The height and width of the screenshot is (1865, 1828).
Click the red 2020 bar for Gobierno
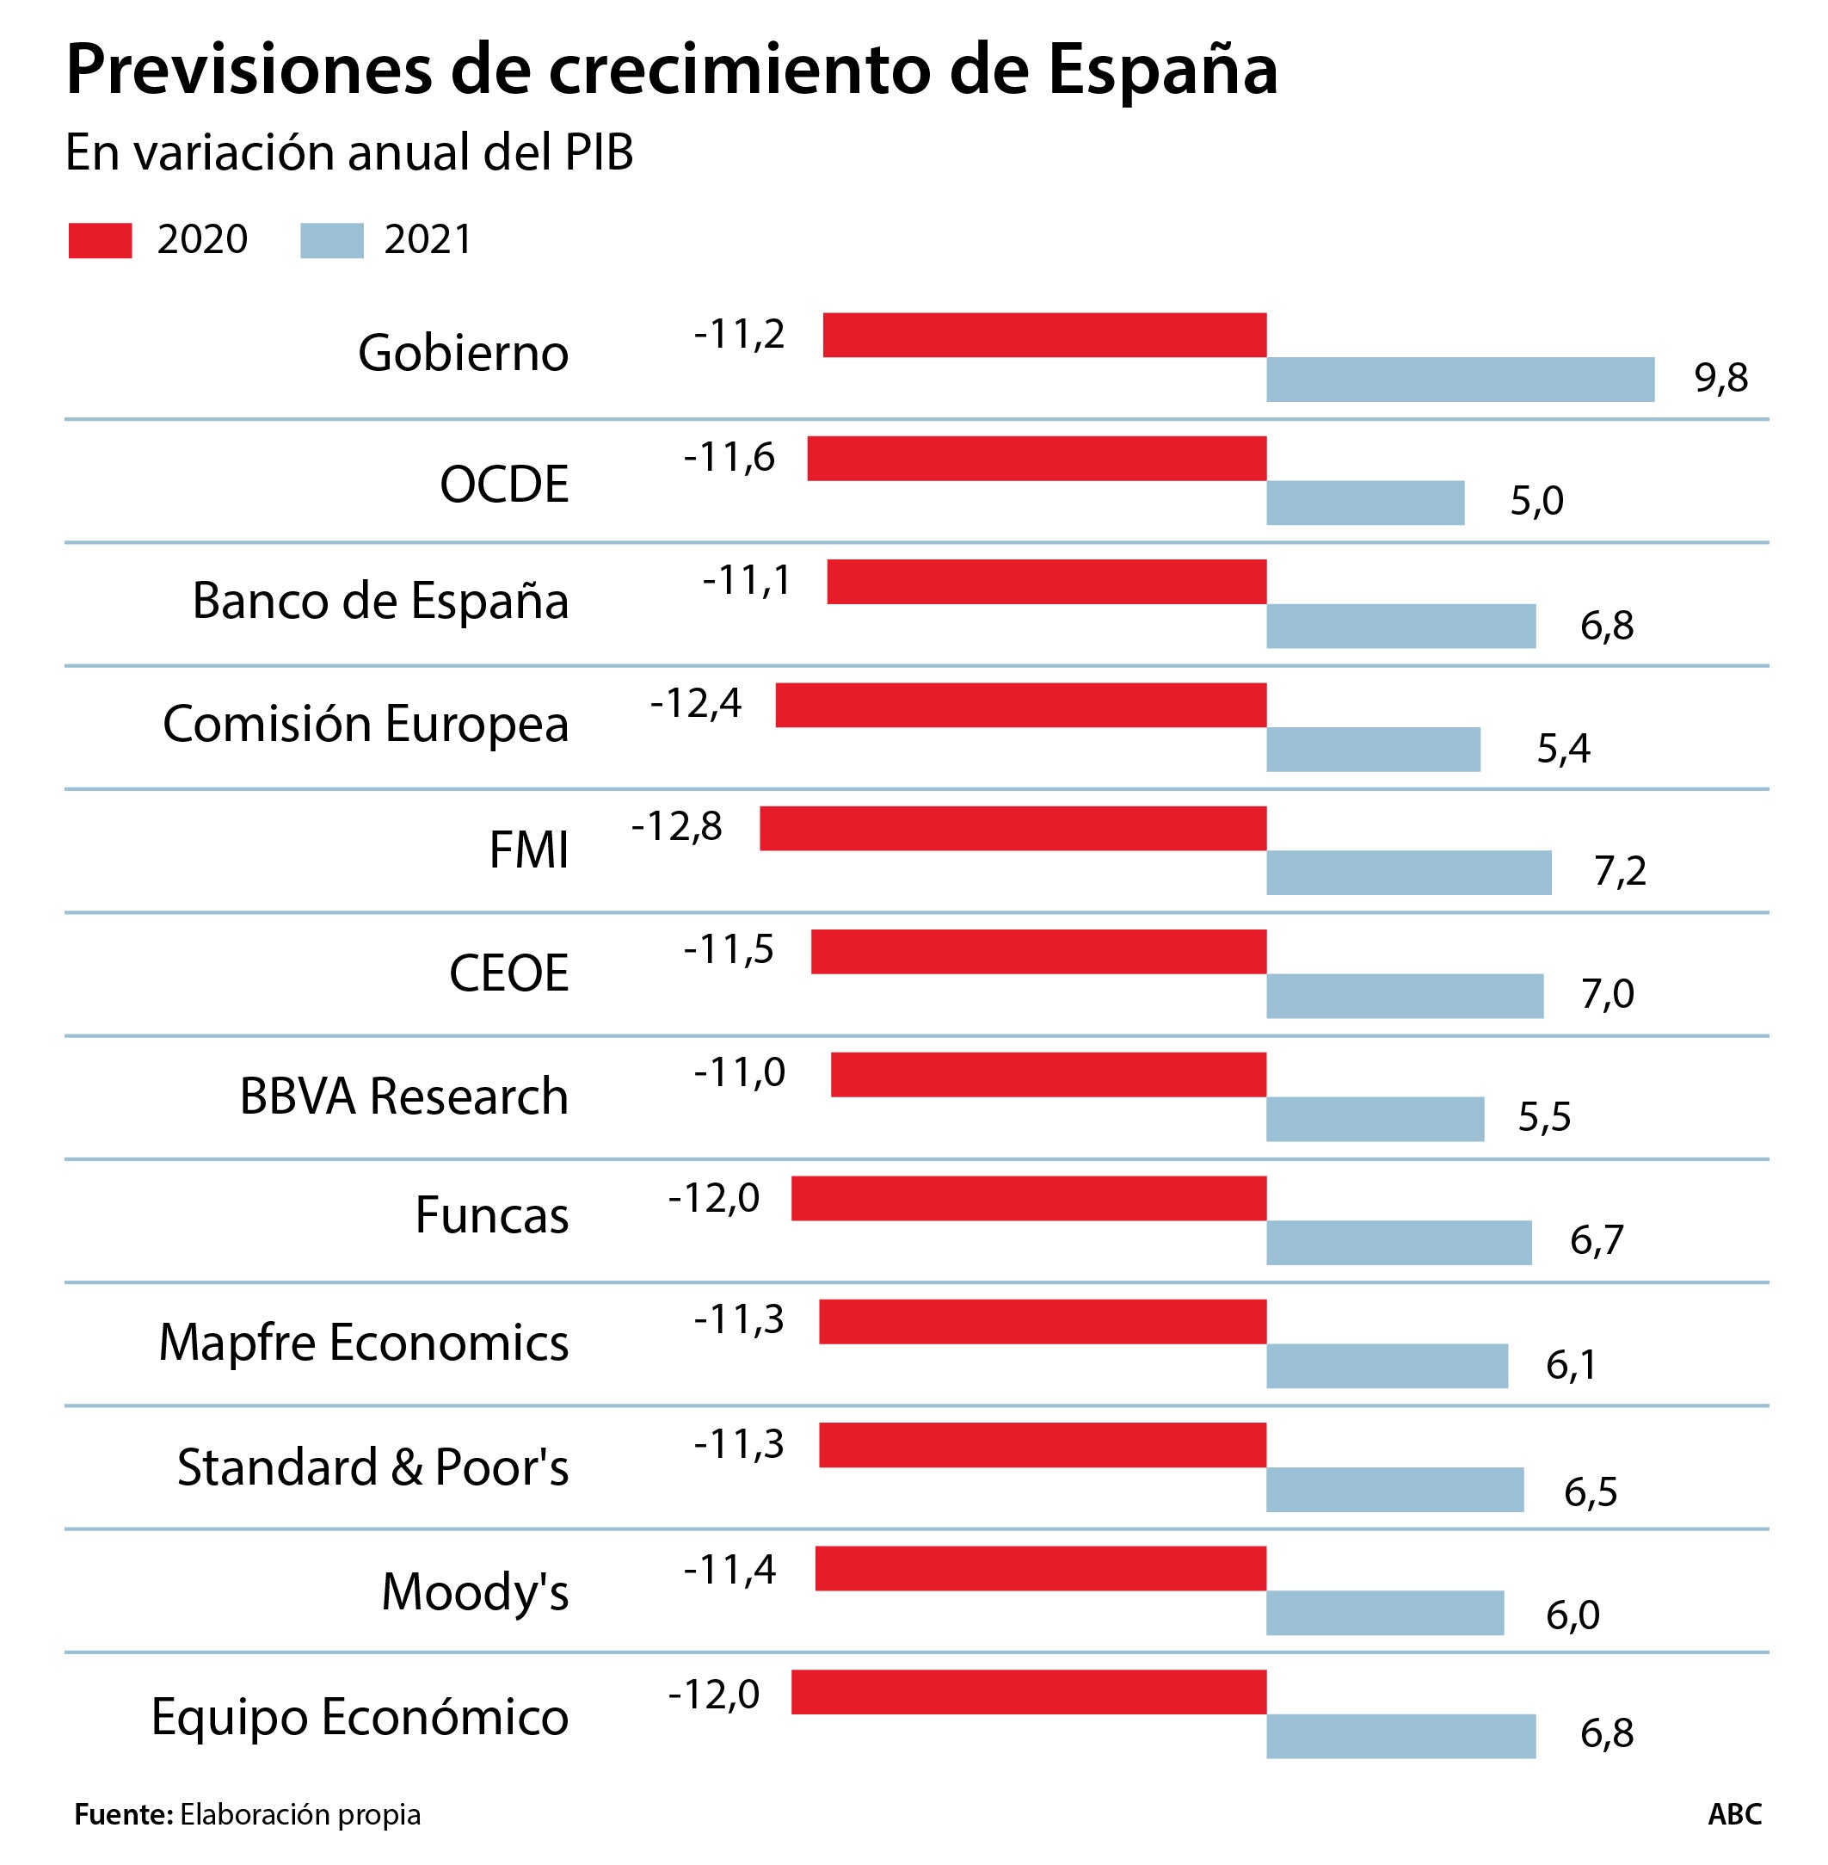point(1044,335)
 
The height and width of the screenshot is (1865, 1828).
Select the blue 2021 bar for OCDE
point(1365,503)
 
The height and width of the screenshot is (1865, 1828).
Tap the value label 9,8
point(1720,379)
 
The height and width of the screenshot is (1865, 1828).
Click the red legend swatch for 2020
point(100,240)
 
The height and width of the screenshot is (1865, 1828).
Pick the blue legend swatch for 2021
point(331,240)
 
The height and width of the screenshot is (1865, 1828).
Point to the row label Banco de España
point(380,602)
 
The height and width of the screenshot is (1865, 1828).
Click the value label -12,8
point(677,827)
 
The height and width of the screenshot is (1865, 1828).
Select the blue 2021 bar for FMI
point(1408,872)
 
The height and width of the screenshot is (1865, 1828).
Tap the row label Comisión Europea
point(366,724)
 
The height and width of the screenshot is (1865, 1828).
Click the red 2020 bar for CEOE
point(1039,951)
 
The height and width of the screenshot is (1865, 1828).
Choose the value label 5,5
point(1544,1117)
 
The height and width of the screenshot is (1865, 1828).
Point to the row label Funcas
point(491,1216)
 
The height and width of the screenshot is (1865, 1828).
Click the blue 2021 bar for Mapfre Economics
point(1387,1366)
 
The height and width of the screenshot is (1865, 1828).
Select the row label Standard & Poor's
point(372,1467)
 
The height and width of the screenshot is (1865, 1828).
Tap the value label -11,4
point(729,1570)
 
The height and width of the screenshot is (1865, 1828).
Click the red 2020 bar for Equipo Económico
point(1029,1691)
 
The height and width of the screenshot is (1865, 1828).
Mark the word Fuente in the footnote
point(122,1814)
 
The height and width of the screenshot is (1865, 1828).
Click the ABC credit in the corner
point(1734,1814)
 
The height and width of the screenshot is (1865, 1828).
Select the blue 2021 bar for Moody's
point(1384,1613)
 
